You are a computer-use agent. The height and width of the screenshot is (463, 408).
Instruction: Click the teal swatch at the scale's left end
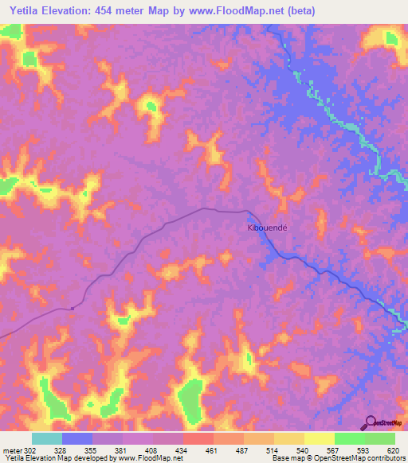point(47,438)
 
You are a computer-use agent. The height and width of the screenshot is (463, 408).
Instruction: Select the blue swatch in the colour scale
point(77,438)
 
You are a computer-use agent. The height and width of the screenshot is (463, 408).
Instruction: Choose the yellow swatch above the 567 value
point(319,438)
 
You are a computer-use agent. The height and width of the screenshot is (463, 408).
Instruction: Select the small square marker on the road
point(72,309)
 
